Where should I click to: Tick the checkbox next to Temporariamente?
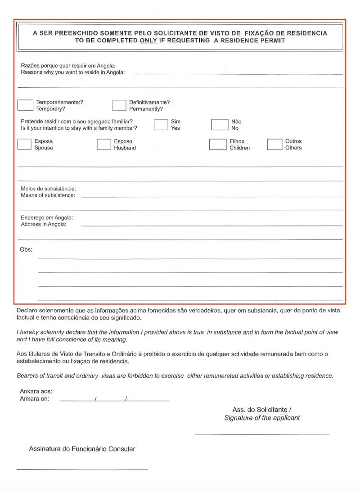[x=25, y=105]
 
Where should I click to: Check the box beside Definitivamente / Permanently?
[x=119, y=105]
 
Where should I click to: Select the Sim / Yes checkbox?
[x=161, y=125]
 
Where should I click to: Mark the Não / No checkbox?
[x=219, y=125]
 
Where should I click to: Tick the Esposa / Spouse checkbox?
[x=24, y=144]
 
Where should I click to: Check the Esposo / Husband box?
[x=104, y=144]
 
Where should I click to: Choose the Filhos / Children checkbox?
[x=217, y=144]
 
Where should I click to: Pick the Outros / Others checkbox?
[x=274, y=144]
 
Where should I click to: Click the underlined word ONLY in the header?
[x=148, y=41]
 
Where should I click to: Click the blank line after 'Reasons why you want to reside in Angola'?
[x=237, y=73]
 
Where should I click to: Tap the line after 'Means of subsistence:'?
[x=211, y=197]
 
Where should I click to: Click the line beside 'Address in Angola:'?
[x=211, y=225]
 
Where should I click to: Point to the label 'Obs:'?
[x=26, y=249]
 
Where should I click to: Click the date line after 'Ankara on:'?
[x=114, y=400]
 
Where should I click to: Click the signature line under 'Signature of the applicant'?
[x=261, y=434]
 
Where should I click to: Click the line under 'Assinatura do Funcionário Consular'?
[x=82, y=469]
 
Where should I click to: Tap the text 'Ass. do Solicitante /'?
[x=262, y=410]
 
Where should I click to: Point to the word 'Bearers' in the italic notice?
[x=28, y=375]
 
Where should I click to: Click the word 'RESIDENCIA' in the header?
[x=307, y=33]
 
